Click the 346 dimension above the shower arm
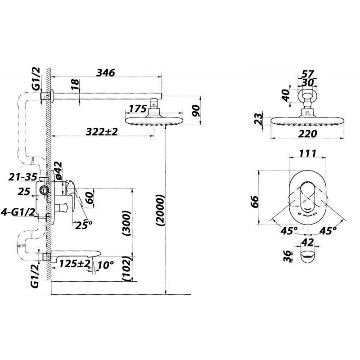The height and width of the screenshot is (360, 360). (105, 72)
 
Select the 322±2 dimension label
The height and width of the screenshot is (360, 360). (102, 131)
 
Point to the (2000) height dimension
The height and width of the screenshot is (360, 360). (160, 210)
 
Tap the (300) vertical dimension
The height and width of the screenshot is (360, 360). (126, 223)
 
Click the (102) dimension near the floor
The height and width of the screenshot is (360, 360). (126, 269)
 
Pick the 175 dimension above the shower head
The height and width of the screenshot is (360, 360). (138, 109)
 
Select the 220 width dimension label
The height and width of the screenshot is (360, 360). (307, 134)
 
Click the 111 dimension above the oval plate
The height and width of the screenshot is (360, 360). (308, 153)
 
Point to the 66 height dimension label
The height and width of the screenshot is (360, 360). (254, 202)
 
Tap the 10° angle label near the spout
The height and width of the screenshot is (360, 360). (106, 265)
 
